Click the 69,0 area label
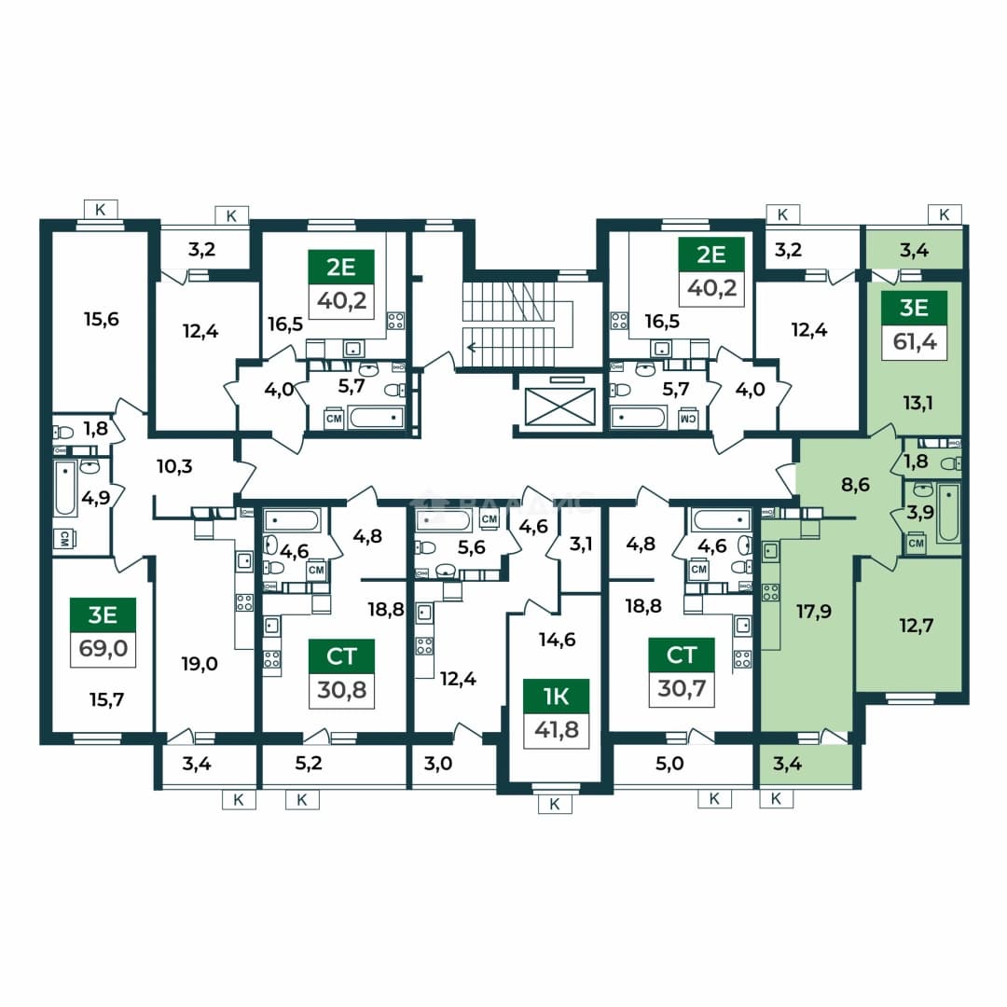point(103,649)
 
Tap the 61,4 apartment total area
point(915,341)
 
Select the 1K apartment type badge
point(556,697)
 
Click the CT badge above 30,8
point(341,655)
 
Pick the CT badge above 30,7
point(682,655)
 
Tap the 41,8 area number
point(556,730)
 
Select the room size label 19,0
point(200,664)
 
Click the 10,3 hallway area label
point(174,465)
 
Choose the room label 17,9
point(814,611)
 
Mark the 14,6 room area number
point(557,640)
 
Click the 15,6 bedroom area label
point(102,319)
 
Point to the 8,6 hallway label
point(855,484)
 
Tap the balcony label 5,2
point(309,763)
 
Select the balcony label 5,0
point(669,763)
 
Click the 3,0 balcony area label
point(438,763)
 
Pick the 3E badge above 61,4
point(914,308)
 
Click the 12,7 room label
point(916,625)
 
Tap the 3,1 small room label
point(581,544)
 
